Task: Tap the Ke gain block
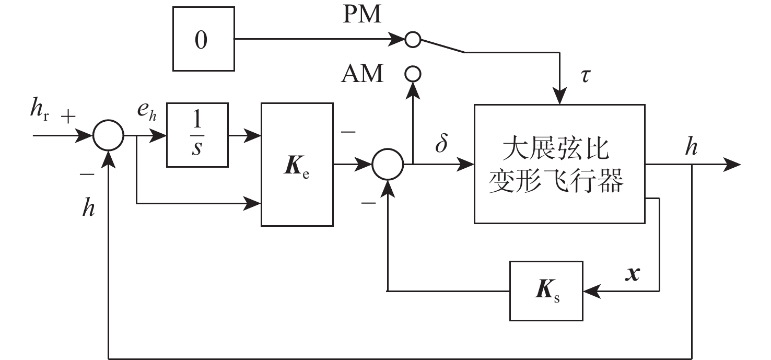[x=297, y=165]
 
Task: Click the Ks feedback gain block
[x=546, y=290]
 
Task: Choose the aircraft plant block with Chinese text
[x=559, y=164]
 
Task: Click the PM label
[x=362, y=16]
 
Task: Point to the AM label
[x=362, y=75]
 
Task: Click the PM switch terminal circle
[x=413, y=39]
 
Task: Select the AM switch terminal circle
[x=413, y=74]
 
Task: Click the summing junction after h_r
[x=108, y=136]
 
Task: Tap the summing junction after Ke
[x=388, y=165]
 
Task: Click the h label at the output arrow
[x=692, y=148]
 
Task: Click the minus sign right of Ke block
[x=348, y=132]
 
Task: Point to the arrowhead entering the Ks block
[x=591, y=290]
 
